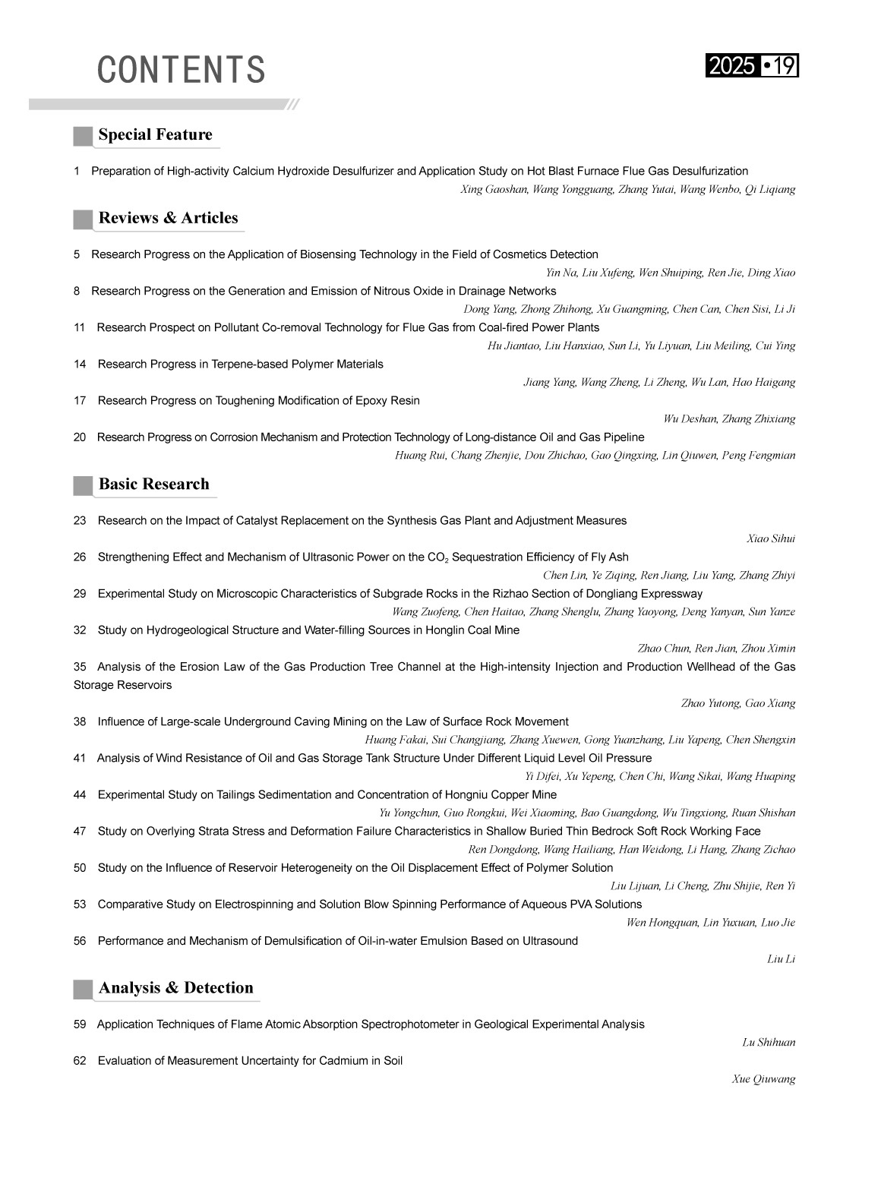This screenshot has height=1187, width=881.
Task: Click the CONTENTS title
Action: click(181, 70)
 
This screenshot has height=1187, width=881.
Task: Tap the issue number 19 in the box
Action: click(785, 67)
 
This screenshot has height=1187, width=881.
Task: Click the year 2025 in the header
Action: click(731, 67)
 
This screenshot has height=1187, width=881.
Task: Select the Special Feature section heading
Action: click(155, 135)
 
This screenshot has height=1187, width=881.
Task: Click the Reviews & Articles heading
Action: click(168, 219)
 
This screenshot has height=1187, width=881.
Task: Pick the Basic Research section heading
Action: click(153, 485)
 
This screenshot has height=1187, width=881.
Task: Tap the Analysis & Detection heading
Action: click(175, 988)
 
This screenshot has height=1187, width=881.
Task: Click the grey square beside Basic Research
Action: click(83, 485)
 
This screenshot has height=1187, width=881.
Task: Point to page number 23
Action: click(80, 521)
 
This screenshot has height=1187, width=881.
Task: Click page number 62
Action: click(80, 1061)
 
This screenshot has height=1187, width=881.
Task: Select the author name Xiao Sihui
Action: click(771, 539)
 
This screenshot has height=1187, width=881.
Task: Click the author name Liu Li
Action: click(781, 960)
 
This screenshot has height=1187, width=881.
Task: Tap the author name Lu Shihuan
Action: click(769, 1043)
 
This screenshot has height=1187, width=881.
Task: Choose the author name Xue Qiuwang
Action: click(763, 1080)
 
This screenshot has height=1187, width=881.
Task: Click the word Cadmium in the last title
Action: click(346, 1061)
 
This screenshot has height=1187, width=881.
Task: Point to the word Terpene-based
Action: click(254, 365)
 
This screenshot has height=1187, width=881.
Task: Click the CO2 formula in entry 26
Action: click(437, 558)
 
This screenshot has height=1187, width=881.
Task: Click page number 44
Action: click(80, 795)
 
